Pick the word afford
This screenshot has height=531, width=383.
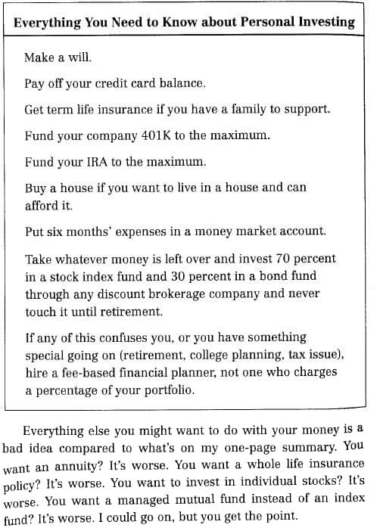42,204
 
